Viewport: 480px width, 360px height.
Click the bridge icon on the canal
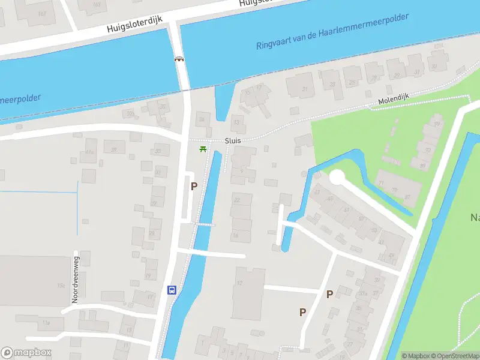click(179, 59)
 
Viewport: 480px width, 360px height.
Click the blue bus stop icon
click(172, 290)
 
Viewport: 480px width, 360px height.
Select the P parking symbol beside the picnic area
click(194, 186)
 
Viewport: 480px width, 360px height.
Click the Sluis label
click(233, 141)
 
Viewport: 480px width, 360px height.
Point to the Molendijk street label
click(393, 102)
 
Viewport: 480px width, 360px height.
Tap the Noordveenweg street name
click(76, 280)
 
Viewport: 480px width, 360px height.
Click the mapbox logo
click(26, 352)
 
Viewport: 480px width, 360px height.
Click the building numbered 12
click(241, 282)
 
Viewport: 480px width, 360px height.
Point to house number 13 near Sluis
click(238, 123)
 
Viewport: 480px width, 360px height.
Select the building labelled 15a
click(61, 286)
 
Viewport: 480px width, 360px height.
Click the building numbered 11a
click(44, 323)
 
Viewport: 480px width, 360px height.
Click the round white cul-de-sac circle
click(337, 177)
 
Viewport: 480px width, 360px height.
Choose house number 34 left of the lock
click(202, 120)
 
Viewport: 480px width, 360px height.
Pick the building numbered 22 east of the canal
click(238, 200)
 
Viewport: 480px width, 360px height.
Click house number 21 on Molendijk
click(305, 90)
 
